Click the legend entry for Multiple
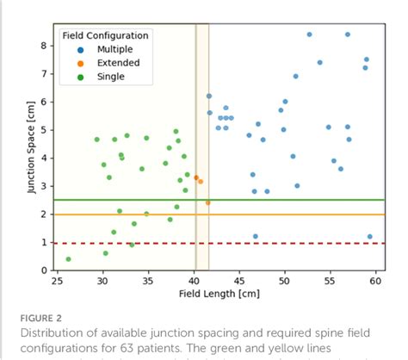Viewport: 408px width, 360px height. coord(102,49)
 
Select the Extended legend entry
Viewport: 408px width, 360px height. coord(104,63)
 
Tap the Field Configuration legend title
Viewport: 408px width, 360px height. coord(104,35)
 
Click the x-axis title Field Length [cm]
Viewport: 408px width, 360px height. coord(220,295)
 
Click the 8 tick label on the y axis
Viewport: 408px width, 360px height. coord(44,45)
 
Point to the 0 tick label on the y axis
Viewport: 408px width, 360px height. coord(44,270)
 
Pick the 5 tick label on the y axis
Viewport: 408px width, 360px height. coord(44,130)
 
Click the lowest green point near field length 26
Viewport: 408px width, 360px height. coord(68,259)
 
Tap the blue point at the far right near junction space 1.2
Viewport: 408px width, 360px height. coord(370,236)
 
